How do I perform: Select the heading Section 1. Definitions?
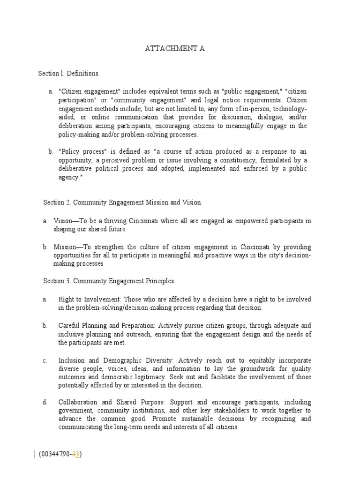click(x=68, y=74)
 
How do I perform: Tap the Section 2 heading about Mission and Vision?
click(x=123, y=202)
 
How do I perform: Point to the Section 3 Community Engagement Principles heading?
click(x=109, y=281)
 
